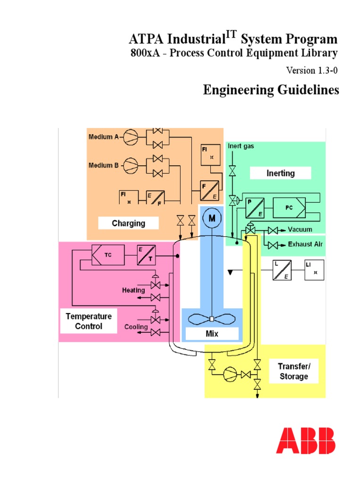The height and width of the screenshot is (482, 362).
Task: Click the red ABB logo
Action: click(x=306, y=441)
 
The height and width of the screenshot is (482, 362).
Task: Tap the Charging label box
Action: click(x=128, y=223)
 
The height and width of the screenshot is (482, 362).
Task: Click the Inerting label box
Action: click(x=280, y=173)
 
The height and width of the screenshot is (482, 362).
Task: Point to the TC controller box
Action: click(x=108, y=255)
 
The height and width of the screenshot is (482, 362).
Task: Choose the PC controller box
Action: click(x=289, y=207)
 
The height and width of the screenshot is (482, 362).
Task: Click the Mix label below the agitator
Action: click(x=212, y=334)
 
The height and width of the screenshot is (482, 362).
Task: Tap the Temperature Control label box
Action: click(x=89, y=321)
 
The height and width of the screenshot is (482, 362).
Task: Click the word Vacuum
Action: click(x=300, y=230)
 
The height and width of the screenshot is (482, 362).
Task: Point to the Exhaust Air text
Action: click(x=305, y=245)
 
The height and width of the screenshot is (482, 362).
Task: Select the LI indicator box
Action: click(x=314, y=270)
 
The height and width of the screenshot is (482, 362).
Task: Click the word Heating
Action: click(x=133, y=290)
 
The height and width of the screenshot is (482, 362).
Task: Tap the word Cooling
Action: click(x=136, y=327)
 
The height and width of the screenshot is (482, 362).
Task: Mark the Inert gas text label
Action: click(x=241, y=146)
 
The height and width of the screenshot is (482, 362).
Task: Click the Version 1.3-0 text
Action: click(x=312, y=70)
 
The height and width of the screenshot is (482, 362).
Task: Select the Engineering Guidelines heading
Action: click(x=271, y=90)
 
